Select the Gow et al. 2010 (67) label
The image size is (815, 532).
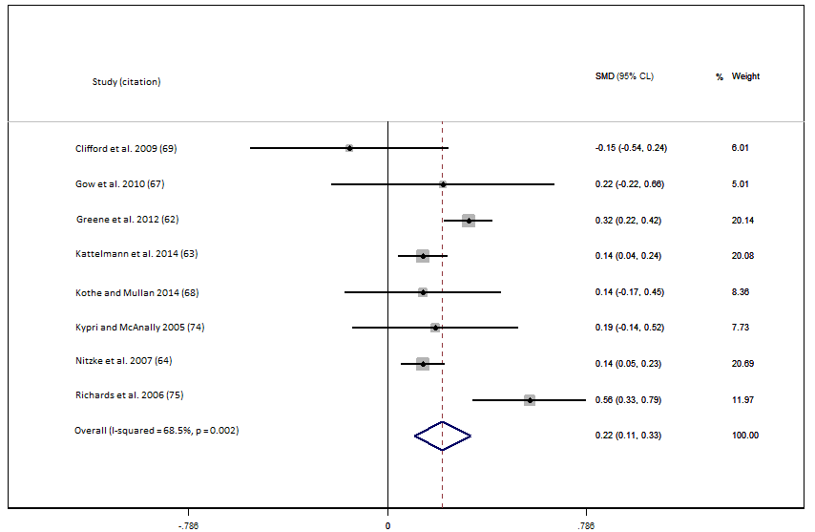(x=113, y=183)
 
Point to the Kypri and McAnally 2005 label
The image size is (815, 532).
(x=139, y=328)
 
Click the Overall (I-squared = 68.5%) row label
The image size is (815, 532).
(x=157, y=431)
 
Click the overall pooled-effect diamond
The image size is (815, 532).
(x=443, y=436)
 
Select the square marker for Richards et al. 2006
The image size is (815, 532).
(x=530, y=400)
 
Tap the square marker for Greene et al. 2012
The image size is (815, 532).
(x=469, y=221)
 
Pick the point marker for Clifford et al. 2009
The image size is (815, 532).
(x=349, y=148)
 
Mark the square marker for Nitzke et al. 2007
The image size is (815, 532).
(x=423, y=364)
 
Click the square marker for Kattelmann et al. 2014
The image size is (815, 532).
(x=423, y=256)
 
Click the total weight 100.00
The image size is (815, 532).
(x=744, y=436)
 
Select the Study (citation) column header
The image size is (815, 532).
(x=126, y=82)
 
